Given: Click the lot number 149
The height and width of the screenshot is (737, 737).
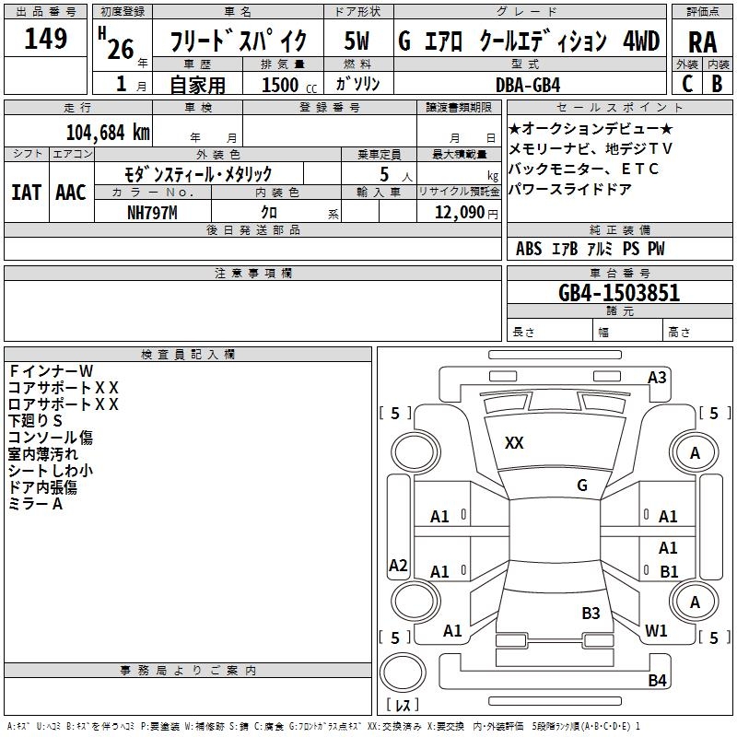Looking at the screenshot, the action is (46, 40).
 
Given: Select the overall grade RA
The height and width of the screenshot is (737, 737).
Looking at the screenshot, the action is (702, 42).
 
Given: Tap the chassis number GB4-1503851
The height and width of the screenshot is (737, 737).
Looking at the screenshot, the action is (619, 293).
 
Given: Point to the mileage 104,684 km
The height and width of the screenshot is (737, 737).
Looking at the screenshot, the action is (108, 132).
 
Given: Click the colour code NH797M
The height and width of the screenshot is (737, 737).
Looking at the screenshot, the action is (152, 212).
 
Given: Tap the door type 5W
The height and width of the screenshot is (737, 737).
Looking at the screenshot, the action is (357, 41).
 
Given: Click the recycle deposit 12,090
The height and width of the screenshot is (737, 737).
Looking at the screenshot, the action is (460, 212).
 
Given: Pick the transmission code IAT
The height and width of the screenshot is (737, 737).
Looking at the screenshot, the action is (26, 193).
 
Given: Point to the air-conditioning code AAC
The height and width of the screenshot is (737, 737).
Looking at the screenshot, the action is (70, 193).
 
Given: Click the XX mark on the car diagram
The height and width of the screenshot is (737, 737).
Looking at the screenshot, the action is (514, 443).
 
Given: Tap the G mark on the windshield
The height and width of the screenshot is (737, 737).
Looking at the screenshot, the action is (582, 485).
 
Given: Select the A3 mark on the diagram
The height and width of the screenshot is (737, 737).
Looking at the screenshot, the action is (657, 377).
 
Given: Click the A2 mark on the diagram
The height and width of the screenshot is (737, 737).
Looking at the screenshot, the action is (398, 566).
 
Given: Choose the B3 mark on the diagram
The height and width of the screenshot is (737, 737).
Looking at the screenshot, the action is (591, 613).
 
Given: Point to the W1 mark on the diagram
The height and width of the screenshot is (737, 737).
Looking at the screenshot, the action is (656, 631).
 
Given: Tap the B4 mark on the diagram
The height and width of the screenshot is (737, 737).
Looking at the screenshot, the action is (657, 681).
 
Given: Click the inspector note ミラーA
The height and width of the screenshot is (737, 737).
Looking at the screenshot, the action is (35, 504).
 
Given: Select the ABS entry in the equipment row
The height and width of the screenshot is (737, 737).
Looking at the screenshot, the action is (529, 249).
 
